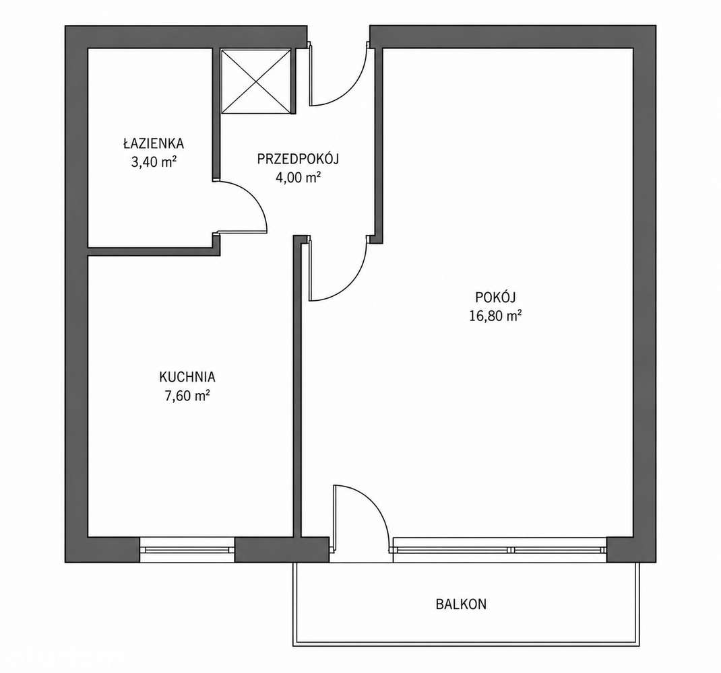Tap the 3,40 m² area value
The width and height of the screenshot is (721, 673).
click(x=154, y=162)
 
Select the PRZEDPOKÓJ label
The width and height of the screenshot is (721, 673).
click(x=298, y=159)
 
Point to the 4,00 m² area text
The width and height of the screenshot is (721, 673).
click(x=298, y=177)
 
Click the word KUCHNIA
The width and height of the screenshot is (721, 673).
click(x=187, y=377)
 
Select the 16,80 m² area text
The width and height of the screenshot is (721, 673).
click(x=495, y=316)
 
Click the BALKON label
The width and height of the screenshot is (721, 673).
click(x=461, y=604)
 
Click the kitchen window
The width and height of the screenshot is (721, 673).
click(x=187, y=549)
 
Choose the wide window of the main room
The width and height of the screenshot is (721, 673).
click(x=499, y=549)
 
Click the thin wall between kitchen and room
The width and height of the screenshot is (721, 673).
click(x=297, y=386)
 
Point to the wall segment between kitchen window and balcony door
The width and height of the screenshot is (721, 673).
click(x=282, y=549)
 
